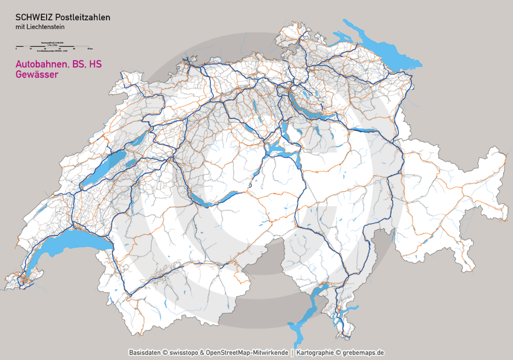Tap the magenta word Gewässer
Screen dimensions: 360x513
tap(37, 75)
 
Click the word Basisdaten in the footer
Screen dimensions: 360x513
tap(145, 352)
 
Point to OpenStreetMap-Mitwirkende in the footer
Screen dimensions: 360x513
tap(249, 352)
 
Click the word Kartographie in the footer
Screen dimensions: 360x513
tap(316, 352)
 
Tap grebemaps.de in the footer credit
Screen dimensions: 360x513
tap(364, 352)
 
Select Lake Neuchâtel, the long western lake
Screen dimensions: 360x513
tap(103, 170)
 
